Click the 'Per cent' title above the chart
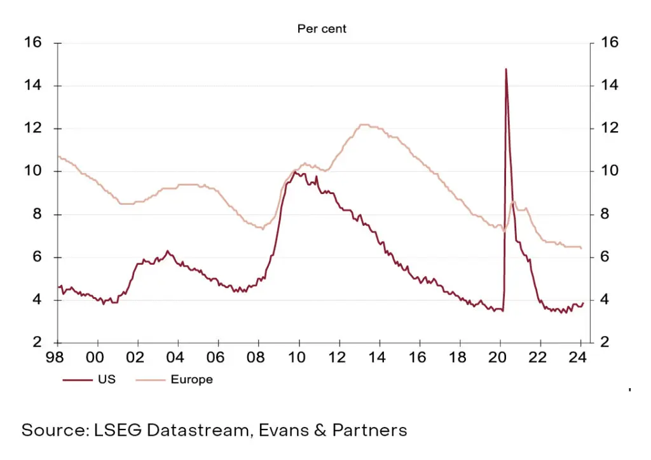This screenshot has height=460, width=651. pos(322,29)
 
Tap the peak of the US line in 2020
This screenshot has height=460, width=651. pos(505,69)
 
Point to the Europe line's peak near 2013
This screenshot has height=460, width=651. pos(364,125)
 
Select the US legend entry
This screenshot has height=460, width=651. pos(105,380)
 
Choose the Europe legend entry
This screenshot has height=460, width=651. pos(191,380)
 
